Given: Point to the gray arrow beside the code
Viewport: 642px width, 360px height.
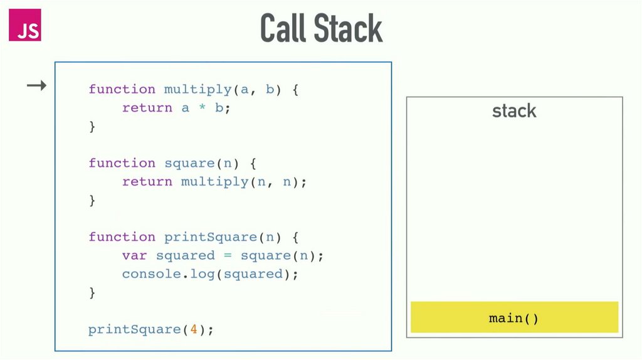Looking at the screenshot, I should pyautogui.click(x=37, y=85).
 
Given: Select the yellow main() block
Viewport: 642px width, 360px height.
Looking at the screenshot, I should pyautogui.click(x=514, y=317).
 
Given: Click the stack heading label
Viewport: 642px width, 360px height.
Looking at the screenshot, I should pyautogui.click(x=514, y=111).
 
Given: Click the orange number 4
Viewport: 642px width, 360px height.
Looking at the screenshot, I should pyautogui.click(x=194, y=329).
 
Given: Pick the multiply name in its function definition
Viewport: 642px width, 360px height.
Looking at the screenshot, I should pyautogui.click(x=197, y=89).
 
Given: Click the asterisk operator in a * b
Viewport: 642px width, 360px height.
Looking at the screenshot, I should pyautogui.click(x=202, y=108).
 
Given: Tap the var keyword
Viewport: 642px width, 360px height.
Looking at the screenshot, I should pyautogui.click(x=135, y=255).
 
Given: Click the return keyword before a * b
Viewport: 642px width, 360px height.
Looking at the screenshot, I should pyautogui.click(x=147, y=108).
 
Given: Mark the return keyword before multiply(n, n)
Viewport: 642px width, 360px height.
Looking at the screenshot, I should pyautogui.click(x=147, y=182).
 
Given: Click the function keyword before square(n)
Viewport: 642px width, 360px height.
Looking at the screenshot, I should pyautogui.click(x=122, y=163).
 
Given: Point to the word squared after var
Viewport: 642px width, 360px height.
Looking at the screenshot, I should pyautogui.click(x=185, y=255).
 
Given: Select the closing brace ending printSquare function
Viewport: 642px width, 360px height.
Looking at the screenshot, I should pyautogui.click(x=92, y=292).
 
